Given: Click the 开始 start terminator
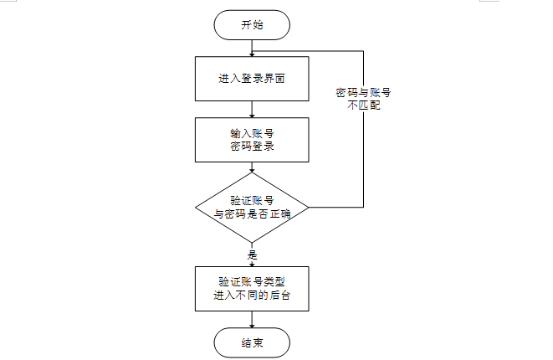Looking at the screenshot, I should tap(252, 25).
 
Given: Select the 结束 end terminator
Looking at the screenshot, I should tap(252, 342).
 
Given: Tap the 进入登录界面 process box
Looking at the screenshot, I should tap(252, 79).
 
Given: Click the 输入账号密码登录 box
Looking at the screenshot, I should tap(252, 139).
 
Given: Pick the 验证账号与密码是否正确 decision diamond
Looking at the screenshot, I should tap(252, 206).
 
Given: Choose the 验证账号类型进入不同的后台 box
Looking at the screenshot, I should tap(252, 288).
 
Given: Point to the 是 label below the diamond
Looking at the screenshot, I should tap(252, 254).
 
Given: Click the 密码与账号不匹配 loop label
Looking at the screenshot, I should tap(363, 100).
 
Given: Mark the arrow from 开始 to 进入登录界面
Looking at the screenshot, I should tap(252, 47).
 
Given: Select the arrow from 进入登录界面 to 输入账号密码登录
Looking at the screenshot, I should tap(252, 110).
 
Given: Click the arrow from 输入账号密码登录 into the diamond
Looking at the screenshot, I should tap(252, 167).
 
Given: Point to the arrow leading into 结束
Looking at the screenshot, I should tap(252, 318).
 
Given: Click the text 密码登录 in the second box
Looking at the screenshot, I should tap(252, 147).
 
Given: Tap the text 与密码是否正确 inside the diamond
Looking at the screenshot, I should tap(252, 213).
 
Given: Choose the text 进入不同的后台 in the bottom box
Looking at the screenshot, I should tap(252, 296).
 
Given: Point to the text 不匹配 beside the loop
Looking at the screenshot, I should tap(363, 106).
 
